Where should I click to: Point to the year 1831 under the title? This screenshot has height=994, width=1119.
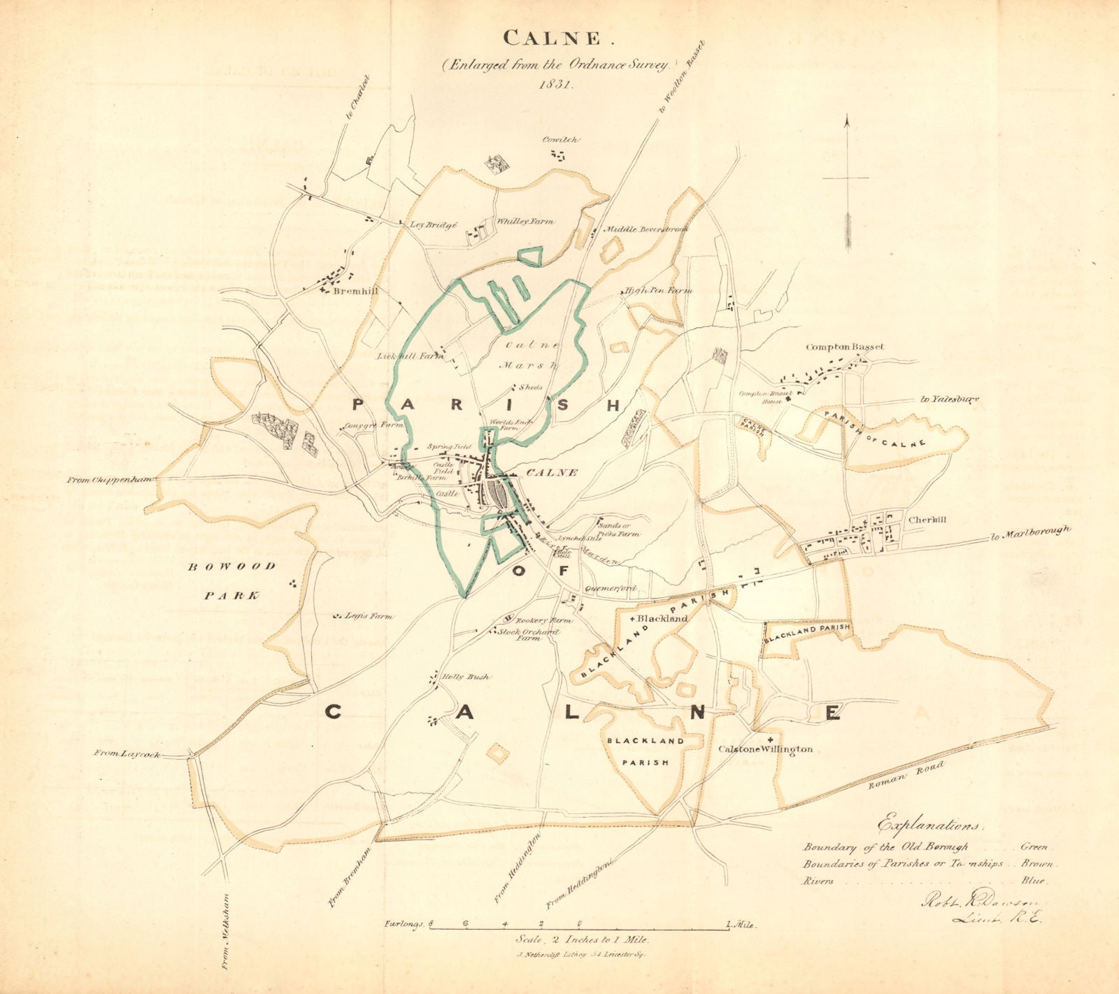[557, 83]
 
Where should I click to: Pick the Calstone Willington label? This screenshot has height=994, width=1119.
[775, 749]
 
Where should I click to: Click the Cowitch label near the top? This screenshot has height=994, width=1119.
[562, 140]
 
